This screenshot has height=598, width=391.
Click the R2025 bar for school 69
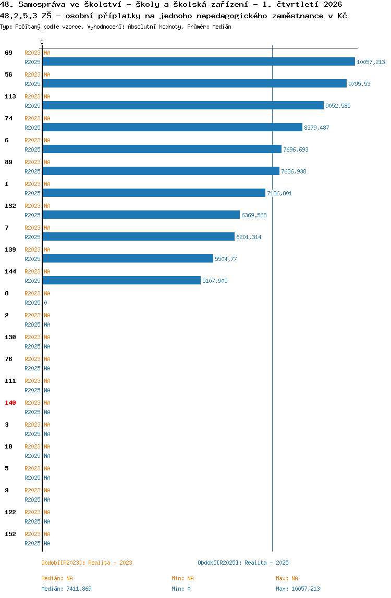click(x=199, y=62)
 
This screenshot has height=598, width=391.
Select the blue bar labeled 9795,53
click(x=194, y=83)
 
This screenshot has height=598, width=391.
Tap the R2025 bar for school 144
click(x=121, y=281)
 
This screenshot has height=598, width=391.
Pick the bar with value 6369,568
click(x=141, y=215)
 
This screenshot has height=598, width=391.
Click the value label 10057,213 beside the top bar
click(x=371, y=62)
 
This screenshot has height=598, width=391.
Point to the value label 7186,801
click(x=279, y=193)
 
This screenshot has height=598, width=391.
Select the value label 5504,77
click(x=226, y=259)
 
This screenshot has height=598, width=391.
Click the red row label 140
click(x=10, y=403)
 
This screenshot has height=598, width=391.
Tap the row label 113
click(x=10, y=96)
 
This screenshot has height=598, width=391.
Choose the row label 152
click(x=10, y=534)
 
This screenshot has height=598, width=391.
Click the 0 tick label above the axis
click(x=42, y=42)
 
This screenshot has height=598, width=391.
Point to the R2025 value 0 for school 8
click(x=45, y=303)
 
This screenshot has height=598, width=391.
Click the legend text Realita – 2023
click(x=111, y=563)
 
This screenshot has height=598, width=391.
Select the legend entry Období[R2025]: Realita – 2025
click(x=243, y=563)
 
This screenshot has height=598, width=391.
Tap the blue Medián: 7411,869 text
click(x=66, y=589)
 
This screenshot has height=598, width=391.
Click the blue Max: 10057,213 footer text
click(x=298, y=589)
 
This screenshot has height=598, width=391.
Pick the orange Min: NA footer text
click(x=182, y=578)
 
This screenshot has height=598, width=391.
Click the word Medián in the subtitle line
click(x=222, y=27)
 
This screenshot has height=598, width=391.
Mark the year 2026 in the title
click(x=333, y=5)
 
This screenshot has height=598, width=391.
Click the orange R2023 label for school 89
click(x=32, y=162)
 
